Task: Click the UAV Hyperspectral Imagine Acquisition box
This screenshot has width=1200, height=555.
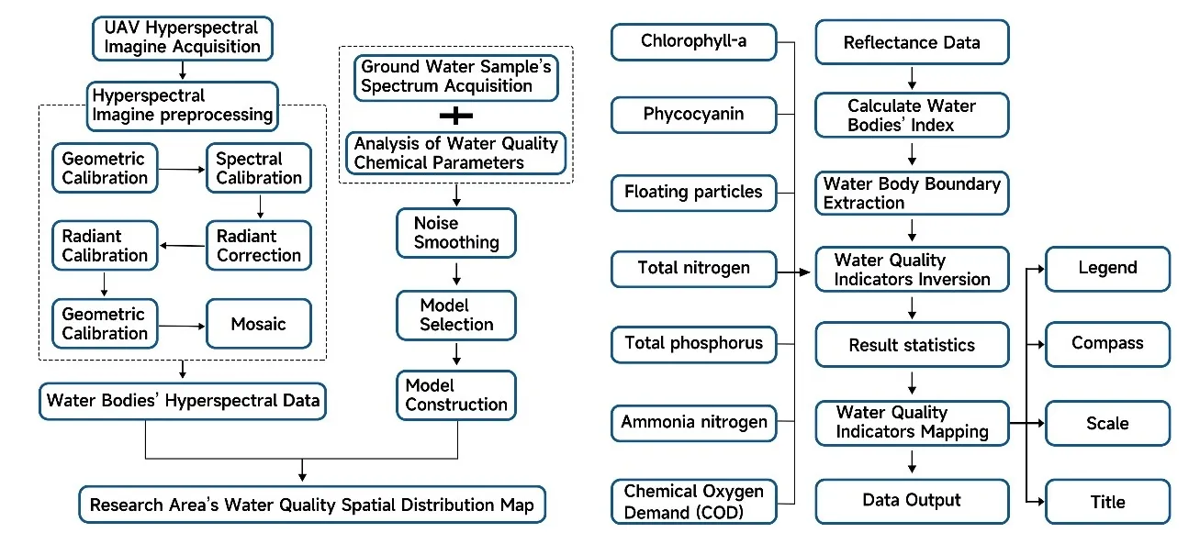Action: pos(182,37)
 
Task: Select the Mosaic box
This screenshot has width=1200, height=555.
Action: pos(258,324)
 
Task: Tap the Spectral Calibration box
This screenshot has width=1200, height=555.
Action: pos(258,168)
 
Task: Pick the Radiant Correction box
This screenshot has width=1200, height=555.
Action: pos(258,246)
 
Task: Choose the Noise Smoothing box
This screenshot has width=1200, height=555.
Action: pos(456,233)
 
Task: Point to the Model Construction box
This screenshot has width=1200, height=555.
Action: pos(456,394)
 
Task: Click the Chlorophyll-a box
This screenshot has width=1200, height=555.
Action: pos(693,40)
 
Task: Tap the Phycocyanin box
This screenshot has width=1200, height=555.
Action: pos(693,116)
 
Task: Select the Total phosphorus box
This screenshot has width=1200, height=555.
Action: pos(693,343)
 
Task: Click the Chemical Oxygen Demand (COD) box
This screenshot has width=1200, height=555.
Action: pos(693,502)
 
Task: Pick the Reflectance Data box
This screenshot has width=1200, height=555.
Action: pos(912,42)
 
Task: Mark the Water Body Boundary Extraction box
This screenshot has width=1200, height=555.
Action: pos(912,194)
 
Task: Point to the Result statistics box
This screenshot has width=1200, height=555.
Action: pos(912,345)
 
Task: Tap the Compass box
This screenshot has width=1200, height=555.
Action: pos(1107,344)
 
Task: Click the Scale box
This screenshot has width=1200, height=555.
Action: pos(1107,424)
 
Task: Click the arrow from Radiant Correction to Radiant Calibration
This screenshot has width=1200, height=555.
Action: pos(182,246)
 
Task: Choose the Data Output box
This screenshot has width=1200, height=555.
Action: pos(912,501)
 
